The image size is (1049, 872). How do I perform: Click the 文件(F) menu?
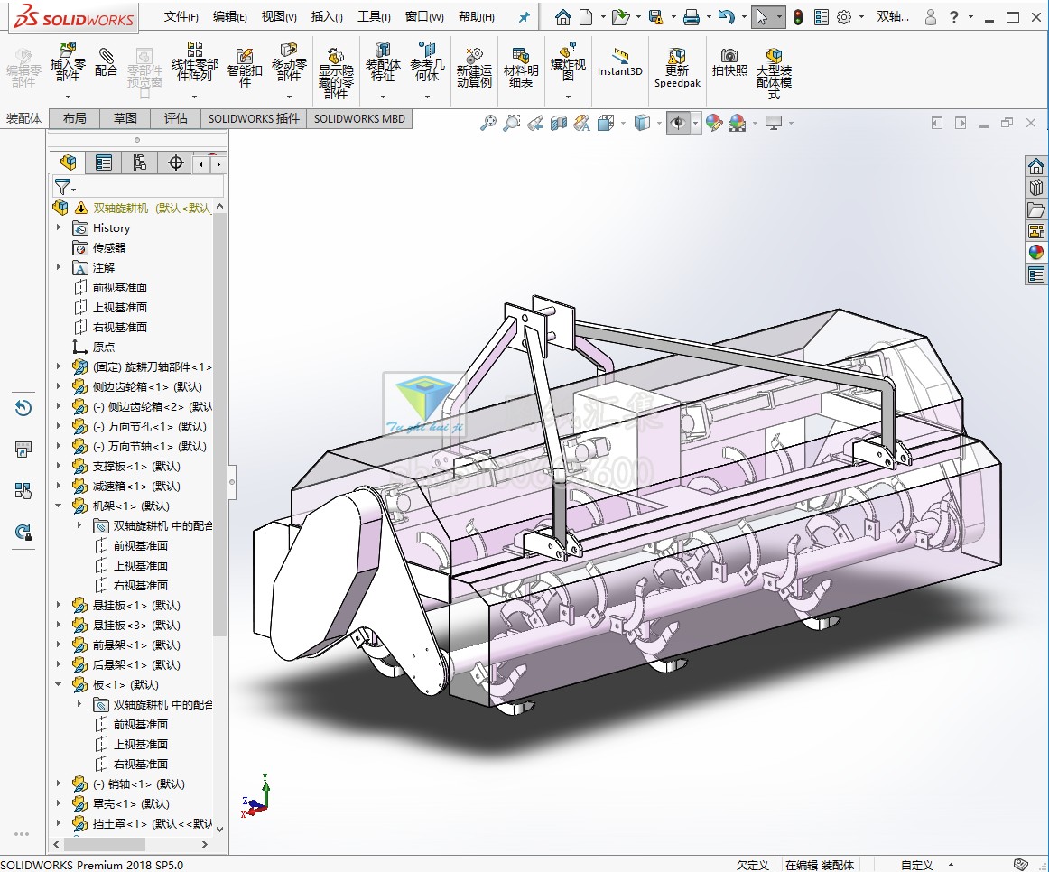point(181,16)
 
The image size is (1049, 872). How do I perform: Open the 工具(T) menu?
point(374,16)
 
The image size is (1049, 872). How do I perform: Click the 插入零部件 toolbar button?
point(68,63)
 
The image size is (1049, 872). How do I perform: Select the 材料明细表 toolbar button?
point(520,67)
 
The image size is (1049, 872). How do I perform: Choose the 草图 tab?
point(125,118)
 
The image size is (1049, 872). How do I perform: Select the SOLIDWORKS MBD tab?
point(359,118)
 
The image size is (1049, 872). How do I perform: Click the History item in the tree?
point(111,228)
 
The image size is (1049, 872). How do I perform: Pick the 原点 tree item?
point(104,347)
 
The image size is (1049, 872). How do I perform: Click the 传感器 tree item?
point(109,247)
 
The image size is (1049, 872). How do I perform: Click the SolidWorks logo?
point(68,17)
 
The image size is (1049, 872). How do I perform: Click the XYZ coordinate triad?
point(256,797)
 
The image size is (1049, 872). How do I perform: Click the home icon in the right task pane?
point(1035,166)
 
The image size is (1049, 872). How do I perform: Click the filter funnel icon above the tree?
point(62,187)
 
